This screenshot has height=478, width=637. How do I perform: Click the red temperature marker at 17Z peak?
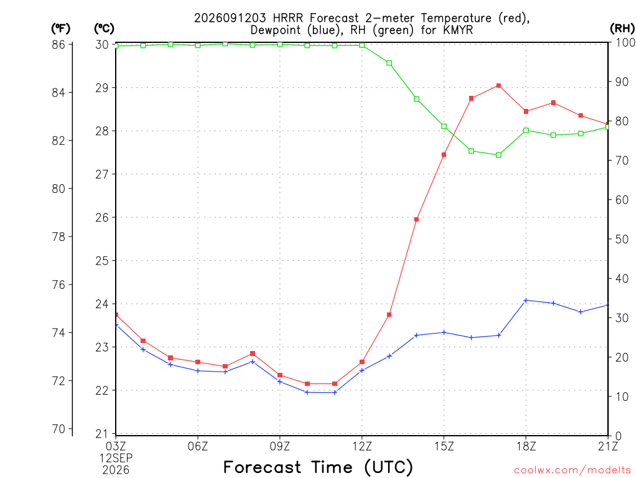pos(498,86)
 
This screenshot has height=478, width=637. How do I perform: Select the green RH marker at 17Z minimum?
pos(498,155)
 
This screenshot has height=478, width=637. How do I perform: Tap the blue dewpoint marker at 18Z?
pos(526,301)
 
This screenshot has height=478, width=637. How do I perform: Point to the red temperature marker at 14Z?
pos(416,220)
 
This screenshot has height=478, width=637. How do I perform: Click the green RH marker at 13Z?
pos(389,63)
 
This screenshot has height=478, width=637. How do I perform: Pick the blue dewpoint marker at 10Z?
pos(307,392)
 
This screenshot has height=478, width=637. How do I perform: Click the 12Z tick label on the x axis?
pos(362,446)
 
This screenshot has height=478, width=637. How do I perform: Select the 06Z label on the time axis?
pos(198,446)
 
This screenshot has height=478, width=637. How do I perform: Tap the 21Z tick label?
pos(608,446)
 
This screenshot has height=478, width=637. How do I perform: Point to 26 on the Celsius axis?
pos(103,217)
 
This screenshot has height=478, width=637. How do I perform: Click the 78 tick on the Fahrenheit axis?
pos(58,237)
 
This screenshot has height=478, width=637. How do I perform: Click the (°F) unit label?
pos(60,29)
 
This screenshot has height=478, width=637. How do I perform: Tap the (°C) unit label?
pos(104,29)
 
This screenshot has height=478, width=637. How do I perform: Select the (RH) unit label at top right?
pos(622,29)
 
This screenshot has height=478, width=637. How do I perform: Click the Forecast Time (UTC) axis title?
pos(318,467)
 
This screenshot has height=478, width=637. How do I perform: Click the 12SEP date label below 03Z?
pos(116,458)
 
